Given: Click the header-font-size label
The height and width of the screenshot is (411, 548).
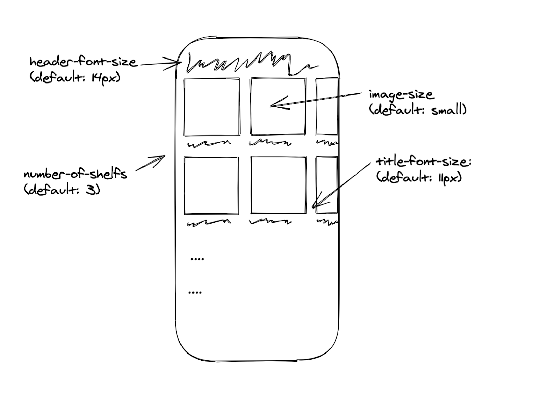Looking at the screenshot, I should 83,62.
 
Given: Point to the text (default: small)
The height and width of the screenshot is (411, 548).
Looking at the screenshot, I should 418,110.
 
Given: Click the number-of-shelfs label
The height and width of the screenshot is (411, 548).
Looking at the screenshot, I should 75,174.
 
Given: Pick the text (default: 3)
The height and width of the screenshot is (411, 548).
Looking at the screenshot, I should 62,189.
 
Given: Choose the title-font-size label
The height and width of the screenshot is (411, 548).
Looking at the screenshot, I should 423,162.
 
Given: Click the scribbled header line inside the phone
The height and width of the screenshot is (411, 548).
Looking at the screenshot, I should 250,63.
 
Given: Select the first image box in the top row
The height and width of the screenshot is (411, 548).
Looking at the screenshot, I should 211,107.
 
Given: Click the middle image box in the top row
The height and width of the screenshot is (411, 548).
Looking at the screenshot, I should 278,107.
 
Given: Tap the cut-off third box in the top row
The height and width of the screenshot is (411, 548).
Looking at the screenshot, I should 327,107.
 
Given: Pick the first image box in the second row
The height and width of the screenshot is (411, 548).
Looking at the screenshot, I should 211,185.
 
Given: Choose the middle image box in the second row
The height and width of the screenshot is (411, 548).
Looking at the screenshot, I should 278,185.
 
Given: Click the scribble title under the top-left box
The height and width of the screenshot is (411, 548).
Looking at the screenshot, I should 209,144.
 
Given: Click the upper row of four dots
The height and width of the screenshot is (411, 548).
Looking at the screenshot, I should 197,259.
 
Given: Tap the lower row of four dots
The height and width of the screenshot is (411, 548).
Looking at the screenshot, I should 195,293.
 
